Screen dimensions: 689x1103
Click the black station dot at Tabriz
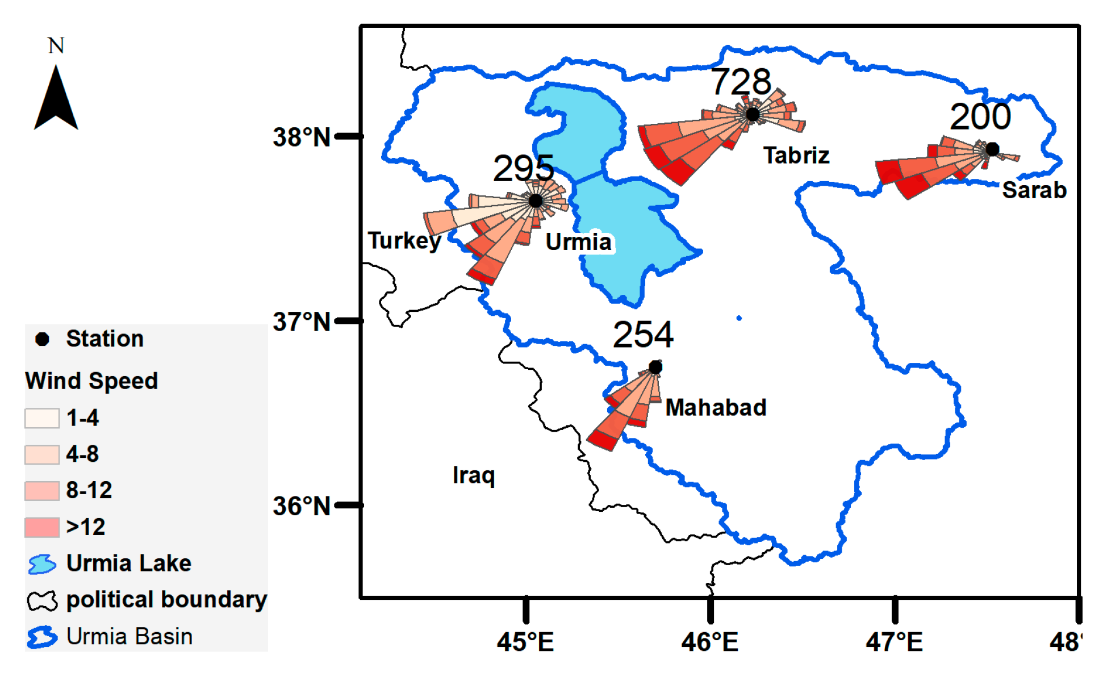753,114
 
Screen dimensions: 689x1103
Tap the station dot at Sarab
992,149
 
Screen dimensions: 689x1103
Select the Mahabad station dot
655,368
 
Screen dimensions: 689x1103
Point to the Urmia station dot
536,201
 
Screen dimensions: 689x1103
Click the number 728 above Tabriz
741,82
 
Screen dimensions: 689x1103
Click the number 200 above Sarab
980,116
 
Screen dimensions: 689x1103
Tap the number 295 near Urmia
523,168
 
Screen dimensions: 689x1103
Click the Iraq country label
474,475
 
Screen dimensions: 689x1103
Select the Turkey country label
404,240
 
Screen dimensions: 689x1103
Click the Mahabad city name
716,407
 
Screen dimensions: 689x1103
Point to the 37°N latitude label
302,322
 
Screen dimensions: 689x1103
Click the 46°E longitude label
710,642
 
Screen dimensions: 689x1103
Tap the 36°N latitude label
302,506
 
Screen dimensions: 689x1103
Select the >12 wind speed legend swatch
42,527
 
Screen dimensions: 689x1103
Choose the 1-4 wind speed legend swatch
42,418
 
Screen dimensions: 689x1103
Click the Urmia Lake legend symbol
42,563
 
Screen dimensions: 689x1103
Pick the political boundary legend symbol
42,600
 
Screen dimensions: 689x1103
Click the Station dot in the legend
42,339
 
